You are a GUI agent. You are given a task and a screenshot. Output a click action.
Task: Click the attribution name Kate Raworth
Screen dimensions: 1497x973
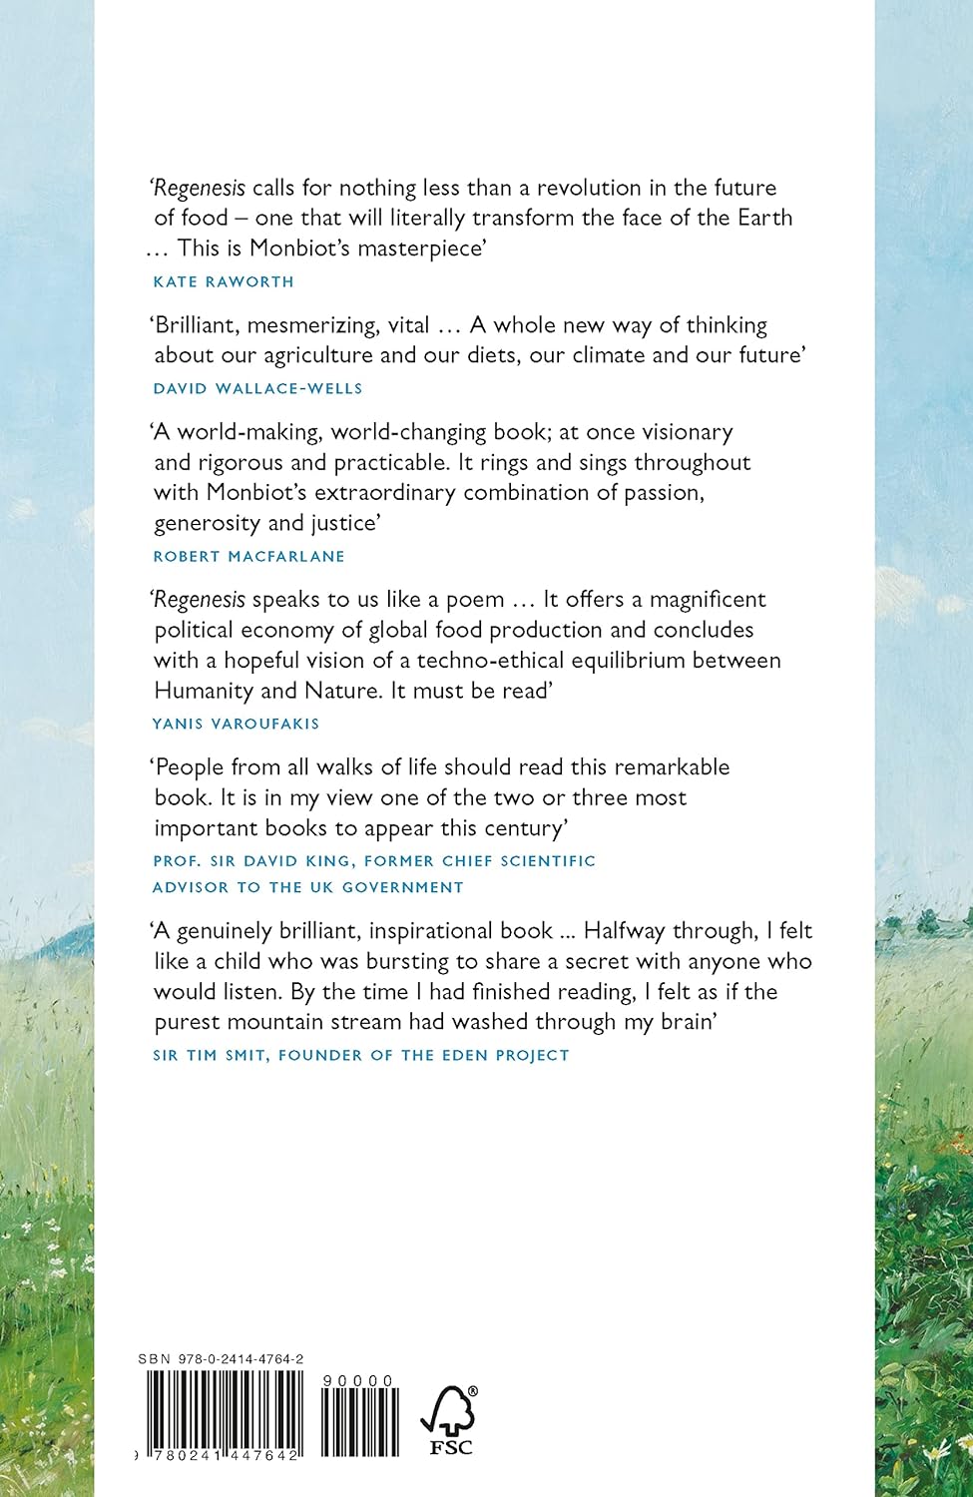click(224, 281)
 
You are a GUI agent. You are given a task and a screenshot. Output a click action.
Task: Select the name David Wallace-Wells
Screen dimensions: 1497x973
click(257, 388)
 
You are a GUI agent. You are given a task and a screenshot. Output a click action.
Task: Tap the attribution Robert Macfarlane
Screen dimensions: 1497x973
click(248, 556)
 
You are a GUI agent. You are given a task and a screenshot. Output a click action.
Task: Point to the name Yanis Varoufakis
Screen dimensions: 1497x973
click(236, 723)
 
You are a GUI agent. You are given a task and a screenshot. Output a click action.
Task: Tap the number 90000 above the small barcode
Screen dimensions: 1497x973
click(358, 1380)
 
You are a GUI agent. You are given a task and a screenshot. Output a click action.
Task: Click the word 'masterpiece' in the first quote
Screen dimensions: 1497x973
click(421, 248)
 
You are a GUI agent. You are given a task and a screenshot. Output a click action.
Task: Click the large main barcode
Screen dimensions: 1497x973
click(225, 1415)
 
